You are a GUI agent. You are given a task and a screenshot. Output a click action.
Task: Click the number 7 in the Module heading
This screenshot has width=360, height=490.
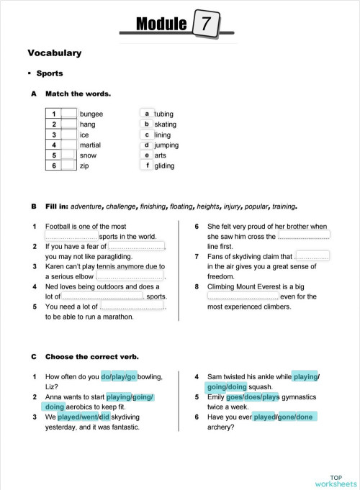(x=207, y=24)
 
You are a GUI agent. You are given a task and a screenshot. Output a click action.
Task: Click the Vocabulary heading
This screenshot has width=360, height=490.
(x=54, y=53)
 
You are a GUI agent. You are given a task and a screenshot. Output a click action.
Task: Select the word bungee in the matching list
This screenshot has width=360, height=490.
(x=91, y=114)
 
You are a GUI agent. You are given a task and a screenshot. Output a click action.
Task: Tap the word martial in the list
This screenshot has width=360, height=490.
(x=91, y=145)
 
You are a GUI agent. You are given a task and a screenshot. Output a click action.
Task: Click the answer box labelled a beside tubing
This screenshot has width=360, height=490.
(x=147, y=114)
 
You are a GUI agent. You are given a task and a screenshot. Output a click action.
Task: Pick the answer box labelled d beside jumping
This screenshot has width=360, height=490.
(x=147, y=145)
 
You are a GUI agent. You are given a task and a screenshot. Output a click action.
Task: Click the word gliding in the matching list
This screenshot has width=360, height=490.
(x=165, y=165)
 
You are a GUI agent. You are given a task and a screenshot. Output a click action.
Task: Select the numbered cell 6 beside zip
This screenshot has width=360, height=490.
(x=54, y=165)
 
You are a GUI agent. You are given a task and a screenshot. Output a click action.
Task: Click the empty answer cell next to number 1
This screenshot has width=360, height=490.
(x=69, y=114)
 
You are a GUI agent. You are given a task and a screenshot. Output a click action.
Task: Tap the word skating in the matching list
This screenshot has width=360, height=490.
(x=166, y=124)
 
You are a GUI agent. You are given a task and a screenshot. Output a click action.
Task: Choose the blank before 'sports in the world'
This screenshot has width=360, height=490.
(x=71, y=235)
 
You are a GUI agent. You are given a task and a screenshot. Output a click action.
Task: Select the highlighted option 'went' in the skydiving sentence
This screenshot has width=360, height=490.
(x=100, y=416)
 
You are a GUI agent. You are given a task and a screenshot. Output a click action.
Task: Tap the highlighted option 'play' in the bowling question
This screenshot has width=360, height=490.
(x=119, y=376)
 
